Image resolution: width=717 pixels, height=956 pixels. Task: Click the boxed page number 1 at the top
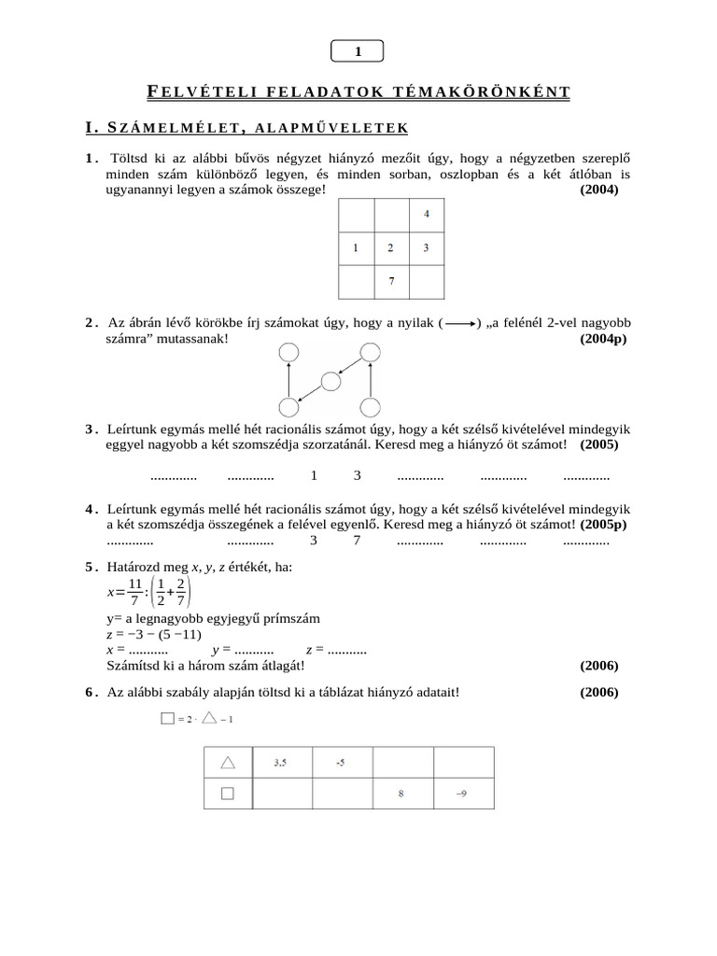coord(358,52)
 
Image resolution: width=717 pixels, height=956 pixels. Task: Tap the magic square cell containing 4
coord(427,215)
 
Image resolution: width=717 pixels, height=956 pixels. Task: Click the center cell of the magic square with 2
coord(392,248)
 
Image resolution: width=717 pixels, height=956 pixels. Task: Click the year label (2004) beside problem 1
coord(599,190)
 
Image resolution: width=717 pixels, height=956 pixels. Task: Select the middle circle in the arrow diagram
coord(330,381)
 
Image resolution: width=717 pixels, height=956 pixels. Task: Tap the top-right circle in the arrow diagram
coord(371,351)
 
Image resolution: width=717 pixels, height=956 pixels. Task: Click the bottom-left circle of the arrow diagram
coord(289,407)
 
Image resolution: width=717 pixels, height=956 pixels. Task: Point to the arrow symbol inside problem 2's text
coord(457,323)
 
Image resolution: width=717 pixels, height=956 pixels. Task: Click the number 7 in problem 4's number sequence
coord(357,541)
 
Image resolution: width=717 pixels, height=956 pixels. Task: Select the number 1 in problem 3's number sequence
coord(314,475)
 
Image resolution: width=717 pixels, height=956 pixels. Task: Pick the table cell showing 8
coord(401,794)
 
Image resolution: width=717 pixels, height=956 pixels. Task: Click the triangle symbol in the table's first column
coord(227,763)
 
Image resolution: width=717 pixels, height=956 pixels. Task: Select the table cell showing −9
coord(461,794)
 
